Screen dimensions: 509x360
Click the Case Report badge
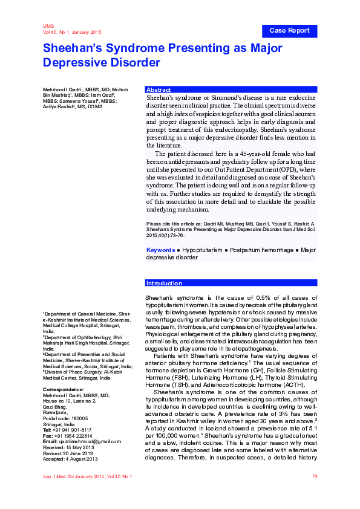(x=289, y=31)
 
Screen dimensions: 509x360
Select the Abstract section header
(x=159, y=89)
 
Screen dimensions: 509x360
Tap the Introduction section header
(x=165, y=283)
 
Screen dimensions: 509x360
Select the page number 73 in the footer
(x=314, y=477)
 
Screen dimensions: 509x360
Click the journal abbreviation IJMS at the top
(x=48, y=27)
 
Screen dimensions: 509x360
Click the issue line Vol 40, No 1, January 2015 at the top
(x=72, y=32)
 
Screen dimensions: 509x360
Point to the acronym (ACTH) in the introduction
(x=292, y=385)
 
